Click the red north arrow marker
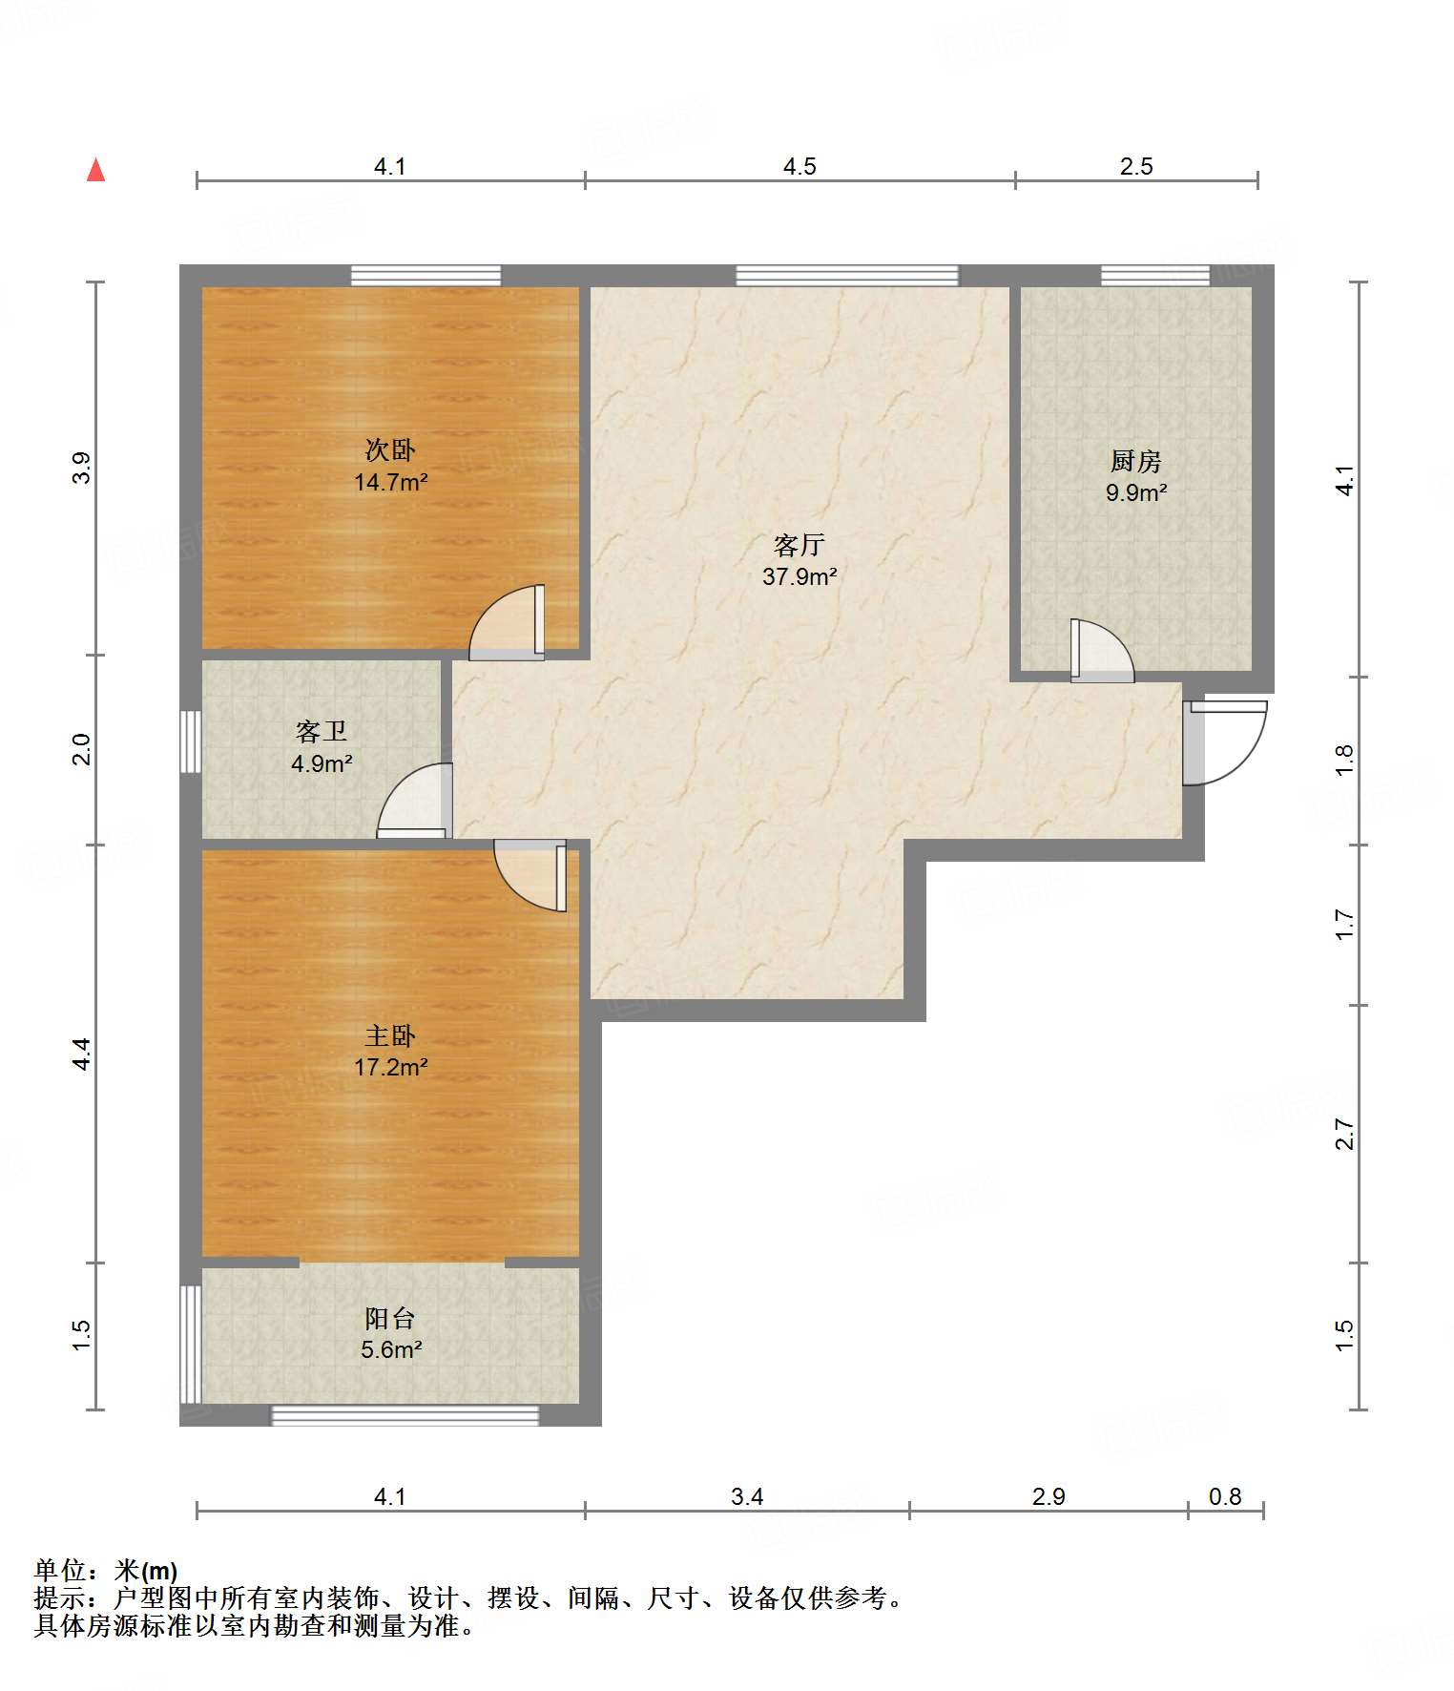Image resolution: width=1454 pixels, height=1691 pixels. pos(95,170)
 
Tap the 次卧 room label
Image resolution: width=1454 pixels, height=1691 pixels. pos(390,449)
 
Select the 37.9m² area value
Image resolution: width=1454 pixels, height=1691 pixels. pos(800,576)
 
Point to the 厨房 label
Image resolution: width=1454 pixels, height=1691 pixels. pos(1135,462)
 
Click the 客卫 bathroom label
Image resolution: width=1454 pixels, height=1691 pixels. pos(322,732)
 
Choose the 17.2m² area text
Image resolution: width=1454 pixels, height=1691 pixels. pos(390,1067)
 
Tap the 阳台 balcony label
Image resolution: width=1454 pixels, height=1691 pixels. pos(390,1318)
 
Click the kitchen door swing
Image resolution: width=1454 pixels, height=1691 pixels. pos(1102,651)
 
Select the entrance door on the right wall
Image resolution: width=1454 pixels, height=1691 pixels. pos(1225,743)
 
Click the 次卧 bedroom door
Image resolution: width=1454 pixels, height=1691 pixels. pos(507,622)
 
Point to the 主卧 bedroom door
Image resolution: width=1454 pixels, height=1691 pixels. pos(530,875)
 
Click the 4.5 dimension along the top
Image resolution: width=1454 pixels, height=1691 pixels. pos(800,167)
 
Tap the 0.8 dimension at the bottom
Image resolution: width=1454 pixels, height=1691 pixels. pos(1225,1496)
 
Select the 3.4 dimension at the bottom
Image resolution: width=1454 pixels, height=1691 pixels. pos(747,1496)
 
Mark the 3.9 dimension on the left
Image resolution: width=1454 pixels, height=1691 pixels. pos(82,468)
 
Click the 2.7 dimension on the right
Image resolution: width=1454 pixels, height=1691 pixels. pos(1344,1135)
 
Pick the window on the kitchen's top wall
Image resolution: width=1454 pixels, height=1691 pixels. pos(1155,276)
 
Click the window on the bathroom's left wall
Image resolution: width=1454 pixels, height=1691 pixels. pos(191,741)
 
